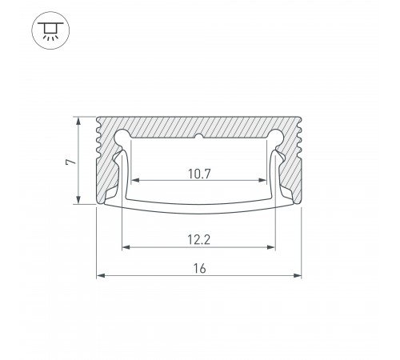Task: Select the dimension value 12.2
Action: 198,238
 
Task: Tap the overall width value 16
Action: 199,269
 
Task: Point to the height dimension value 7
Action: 71,161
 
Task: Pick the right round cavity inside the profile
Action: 274,137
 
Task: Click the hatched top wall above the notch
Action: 199,124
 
